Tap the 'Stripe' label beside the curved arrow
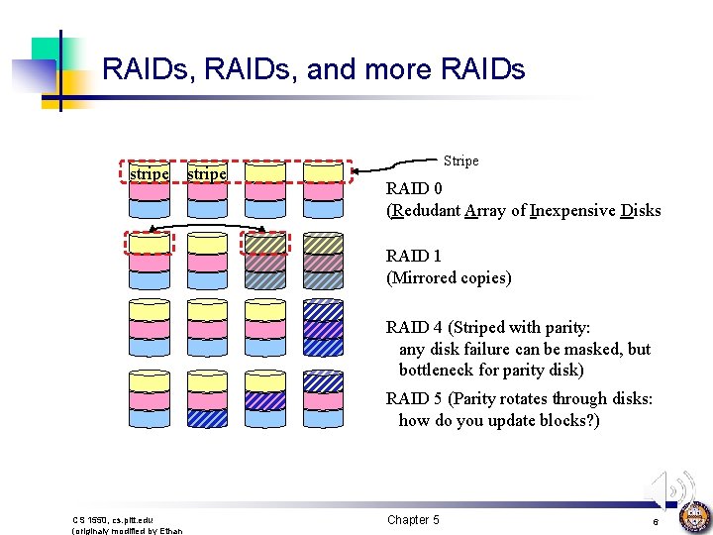click(460, 160)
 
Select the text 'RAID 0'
click(414, 188)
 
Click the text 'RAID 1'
click(414, 257)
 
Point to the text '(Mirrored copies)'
click(449, 278)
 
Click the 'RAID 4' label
click(415, 327)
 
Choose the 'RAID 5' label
click(415, 398)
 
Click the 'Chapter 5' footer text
click(413, 520)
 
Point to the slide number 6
click(656, 521)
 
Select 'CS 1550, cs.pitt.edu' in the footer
click(113, 519)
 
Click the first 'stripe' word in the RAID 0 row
click(149, 173)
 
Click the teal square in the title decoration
click(46, 53)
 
